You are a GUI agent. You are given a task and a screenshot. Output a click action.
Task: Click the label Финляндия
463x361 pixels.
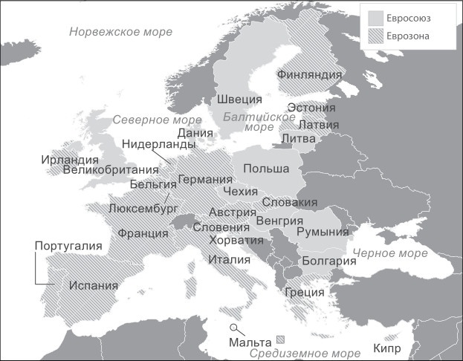(x=310, y=74)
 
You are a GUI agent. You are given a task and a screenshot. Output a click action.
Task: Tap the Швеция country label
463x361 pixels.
(x=239, y=100)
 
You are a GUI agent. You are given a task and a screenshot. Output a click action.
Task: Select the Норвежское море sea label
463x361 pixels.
(x=120, y=32)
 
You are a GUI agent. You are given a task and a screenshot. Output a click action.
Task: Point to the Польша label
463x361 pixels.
(x=266, y=169)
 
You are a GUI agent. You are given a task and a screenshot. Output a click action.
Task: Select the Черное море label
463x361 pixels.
(x=390, y=253)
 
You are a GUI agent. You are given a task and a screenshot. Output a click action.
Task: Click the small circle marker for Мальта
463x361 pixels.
(x=234, y=328)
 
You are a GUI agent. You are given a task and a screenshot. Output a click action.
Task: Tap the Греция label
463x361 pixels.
(x=305, y=292)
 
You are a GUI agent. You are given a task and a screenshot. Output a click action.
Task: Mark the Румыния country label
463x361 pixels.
(x=323, y=232)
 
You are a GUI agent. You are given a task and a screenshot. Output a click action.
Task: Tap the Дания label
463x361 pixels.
(x=195, y=132)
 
